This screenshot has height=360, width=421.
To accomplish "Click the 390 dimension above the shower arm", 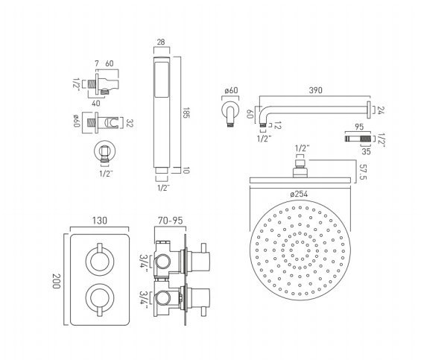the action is (x=315, y=90).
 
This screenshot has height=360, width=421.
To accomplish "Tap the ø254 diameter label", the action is (x=299, y=194).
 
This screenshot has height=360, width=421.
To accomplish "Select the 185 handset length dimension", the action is (x=186, y=113).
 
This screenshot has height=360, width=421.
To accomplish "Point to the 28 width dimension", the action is (x=162, y=42).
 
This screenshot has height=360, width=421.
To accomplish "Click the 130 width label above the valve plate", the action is (x=100, y=221).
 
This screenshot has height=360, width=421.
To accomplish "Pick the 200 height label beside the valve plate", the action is (x=56, y=281).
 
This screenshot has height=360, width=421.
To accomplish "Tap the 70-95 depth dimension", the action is (x=171, y=221).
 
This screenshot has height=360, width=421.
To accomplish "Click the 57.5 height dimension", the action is (x=364, y=172).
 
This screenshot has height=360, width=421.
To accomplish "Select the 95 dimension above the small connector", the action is (x=359, y=127).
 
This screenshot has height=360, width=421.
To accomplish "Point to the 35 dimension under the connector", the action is (x=366, y=151).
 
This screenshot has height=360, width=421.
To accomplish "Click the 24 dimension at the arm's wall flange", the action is (x=381, y=110).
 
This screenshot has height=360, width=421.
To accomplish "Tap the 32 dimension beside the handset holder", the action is (x=130, y=123).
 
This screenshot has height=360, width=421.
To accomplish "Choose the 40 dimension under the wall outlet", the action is (x=96, y=103).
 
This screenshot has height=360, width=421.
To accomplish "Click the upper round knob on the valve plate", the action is (x=100, y=262).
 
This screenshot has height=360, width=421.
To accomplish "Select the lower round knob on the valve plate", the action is (x=100, y=297).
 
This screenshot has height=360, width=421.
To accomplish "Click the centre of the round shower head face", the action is (x=300, y=250).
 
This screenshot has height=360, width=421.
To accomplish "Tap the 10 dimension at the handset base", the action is (x=186, y=171).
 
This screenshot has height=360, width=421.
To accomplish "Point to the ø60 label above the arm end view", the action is (x=231, y=90).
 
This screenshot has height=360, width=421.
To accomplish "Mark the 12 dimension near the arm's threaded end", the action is (x=277, y=125).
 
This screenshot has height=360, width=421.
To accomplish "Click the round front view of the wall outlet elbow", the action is (x=105, y=151).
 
